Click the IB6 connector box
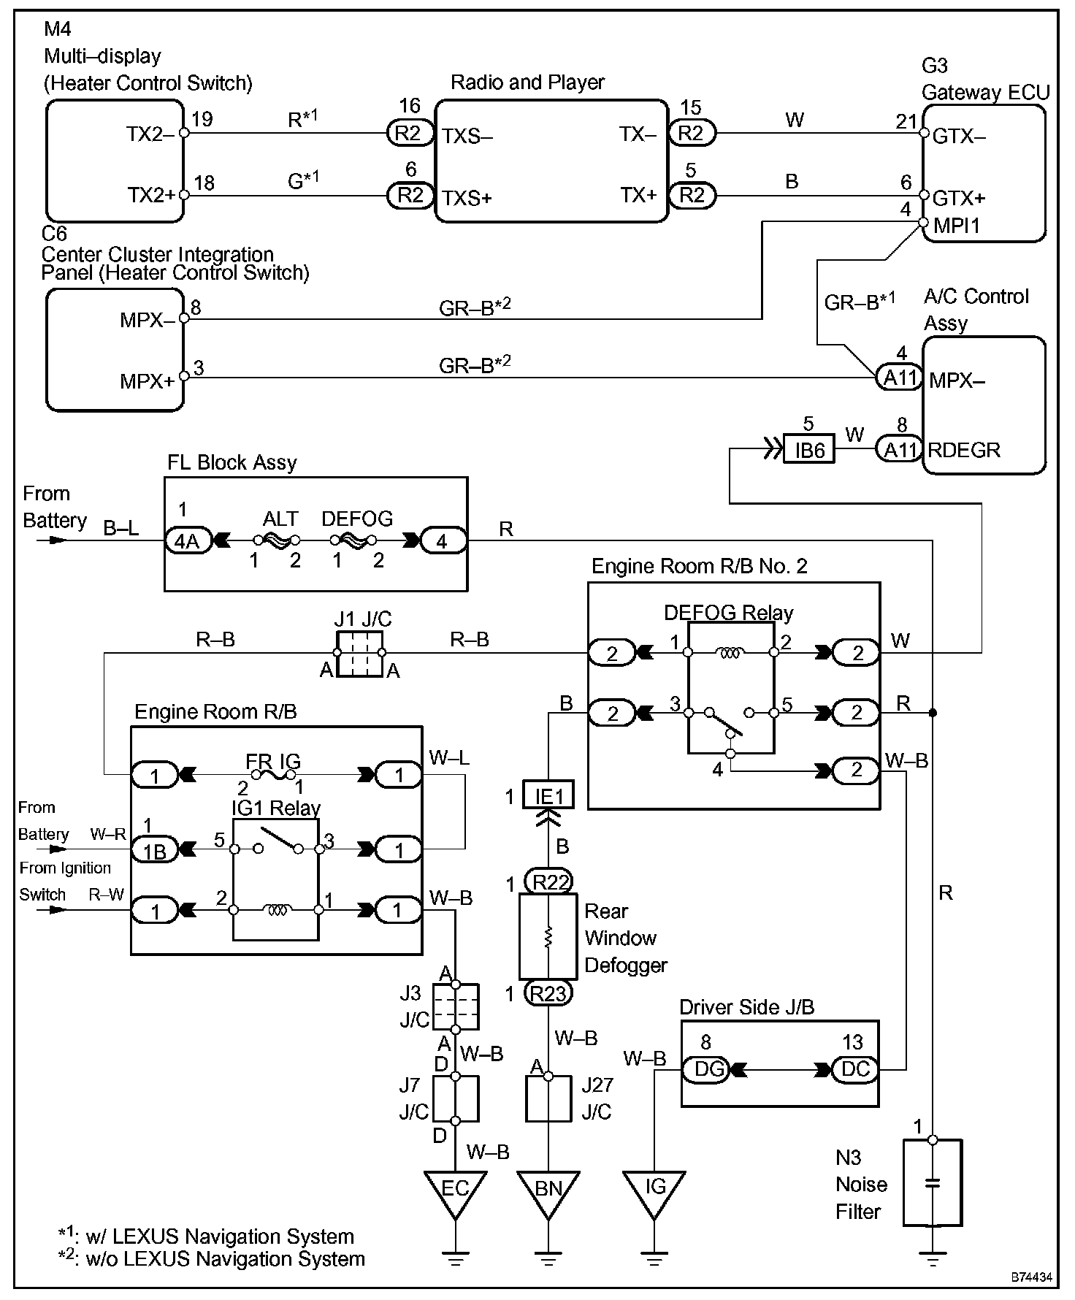(x=809, y=450)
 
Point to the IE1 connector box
(x=548, y=795)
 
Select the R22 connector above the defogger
(x=549, y=882)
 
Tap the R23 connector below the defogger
(x=549, y=993)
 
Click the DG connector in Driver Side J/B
(x=705, y=1070)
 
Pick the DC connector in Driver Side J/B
(x=855, y=1070)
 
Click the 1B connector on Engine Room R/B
(x=154, y=850)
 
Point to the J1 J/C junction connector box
(x=359, y=654)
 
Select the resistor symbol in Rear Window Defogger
(x=548, y=938)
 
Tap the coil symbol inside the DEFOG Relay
(x=730, y=653)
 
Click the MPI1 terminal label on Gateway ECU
(x=957, y=226)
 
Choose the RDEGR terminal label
(x=964, y=450)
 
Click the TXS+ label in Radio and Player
(x=467, y=197)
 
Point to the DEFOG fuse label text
(x=357, y=519)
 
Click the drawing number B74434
(x=1032, y=1277)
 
